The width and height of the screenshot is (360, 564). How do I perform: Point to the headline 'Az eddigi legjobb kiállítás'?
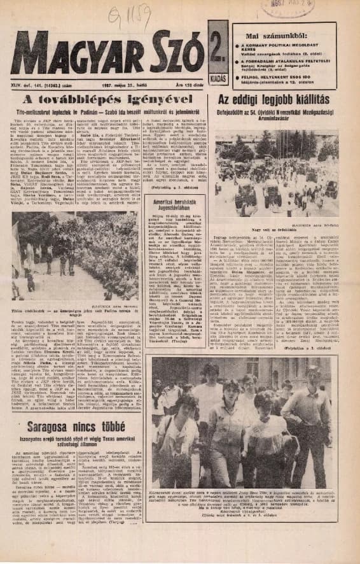tap(273, 101)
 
